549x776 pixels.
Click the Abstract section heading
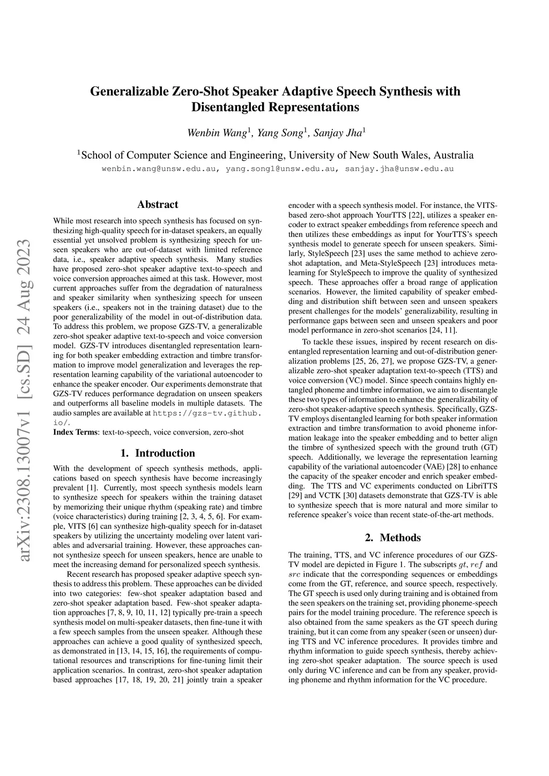(158, 204)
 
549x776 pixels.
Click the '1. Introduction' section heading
(158, 453)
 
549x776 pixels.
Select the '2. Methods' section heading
(392, 538)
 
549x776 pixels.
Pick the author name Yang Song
(280, 133)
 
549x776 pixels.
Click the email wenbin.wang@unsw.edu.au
(159, 169)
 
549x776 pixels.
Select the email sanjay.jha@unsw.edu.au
(399, 169)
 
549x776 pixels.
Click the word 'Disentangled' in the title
(228, 107)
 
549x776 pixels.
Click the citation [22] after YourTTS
(416, 215)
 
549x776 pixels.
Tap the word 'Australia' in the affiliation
(454, 155)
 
